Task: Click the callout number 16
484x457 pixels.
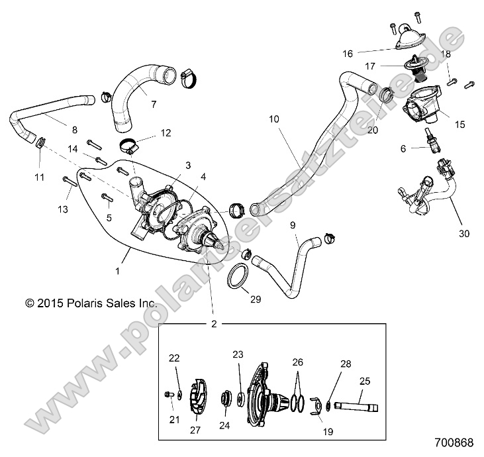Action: click(x=365, y=51)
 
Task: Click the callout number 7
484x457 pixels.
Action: click(x=153, y=104)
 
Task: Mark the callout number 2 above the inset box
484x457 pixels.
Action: click(x=214, y=325)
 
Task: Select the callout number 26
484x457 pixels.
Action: click(x=298, y=362)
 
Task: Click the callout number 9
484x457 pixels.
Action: click(x=292, y=225)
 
